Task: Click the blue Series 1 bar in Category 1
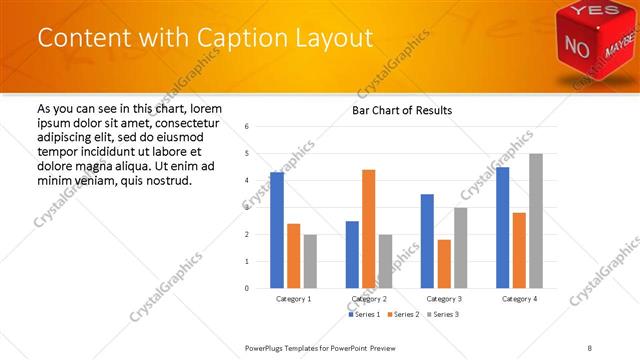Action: [x=277, y=230]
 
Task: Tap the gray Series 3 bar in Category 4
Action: [x=536, y=221]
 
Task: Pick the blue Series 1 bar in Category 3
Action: [x=427, y=241]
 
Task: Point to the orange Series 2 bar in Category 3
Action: [x=444, y=264]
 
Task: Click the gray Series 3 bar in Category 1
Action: [x=310, y=261]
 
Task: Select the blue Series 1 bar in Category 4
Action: [x=503, y=227]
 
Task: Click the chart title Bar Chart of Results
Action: [x=402, y=110]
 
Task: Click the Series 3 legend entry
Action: [x=445, y=314]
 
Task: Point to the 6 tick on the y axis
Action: [x=247, y=126]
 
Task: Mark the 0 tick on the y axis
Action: [x=247, y=288]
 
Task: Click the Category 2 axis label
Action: [x=369, y=299]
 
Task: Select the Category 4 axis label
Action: [x=519, y=299]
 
